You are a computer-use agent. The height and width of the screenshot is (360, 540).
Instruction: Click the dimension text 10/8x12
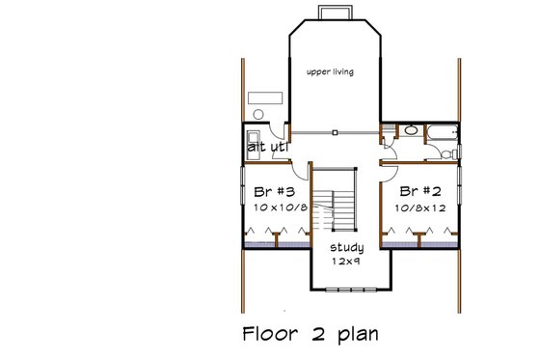point(422,207)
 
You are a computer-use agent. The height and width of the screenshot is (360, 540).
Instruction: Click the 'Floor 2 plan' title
point(309,334)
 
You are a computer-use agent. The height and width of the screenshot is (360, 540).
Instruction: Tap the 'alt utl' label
point(263,148)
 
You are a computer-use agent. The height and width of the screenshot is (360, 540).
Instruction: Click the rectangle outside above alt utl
point(263,97)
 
